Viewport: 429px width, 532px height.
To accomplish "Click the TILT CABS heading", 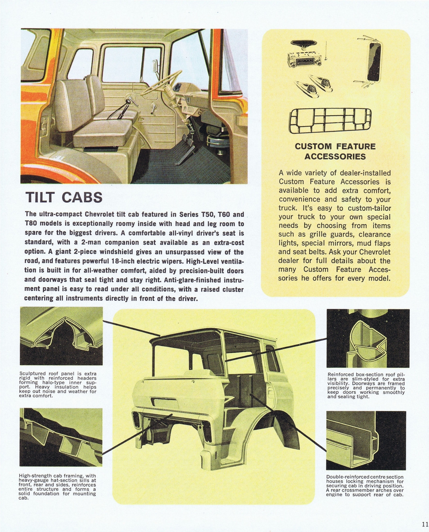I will pyautogui.click(x=64, y=198).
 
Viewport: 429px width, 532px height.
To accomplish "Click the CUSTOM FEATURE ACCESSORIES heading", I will pyautogui.click(x=335, y=151).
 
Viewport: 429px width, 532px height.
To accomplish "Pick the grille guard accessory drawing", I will pyautogui.click(x=330, y=121).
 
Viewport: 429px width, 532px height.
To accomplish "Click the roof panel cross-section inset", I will pyautogui.click(x=62, y=336).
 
